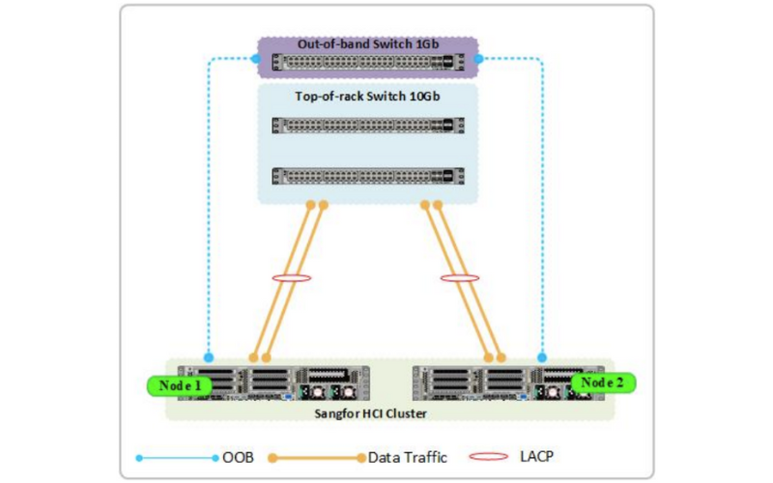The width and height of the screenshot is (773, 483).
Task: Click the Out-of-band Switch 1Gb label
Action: pyautogui.click(x=368, y=43)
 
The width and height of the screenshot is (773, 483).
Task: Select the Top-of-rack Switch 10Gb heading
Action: pyautogui.click(x=367, y=96)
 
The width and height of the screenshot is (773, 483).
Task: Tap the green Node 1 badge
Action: pyautogui.click(x=180, y=385)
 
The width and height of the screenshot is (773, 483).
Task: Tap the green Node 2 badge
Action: pyautogui.click(x=602, y=383)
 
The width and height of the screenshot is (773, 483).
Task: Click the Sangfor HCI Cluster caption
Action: pyautogui.click(x=370, y=413)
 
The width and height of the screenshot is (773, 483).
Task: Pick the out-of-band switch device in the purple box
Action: pyautogui.click(x=368, y=62)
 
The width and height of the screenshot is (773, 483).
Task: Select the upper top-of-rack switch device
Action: pyautogui.click(x=368, y=126)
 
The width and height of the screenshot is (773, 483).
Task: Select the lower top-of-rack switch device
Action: pyautogui.click(x=368, y=176)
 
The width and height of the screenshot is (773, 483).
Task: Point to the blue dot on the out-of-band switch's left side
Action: pyautogui.click(x=255, y=59)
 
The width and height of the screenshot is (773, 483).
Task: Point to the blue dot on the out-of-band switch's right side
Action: pyautogui.click(x=478, y=59)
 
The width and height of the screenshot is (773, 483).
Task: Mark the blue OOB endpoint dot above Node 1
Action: pyautogui.click(x=209, y=357)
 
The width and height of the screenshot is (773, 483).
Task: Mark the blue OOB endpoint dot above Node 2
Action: pyautogui.click(x=542, y=357)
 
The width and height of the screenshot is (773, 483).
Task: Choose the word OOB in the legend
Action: pyautogui.click(x=238, y=457)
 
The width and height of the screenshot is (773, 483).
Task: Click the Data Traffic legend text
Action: pyautogui.click(x=408, y=457)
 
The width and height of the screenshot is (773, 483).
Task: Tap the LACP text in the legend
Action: pyautogui.click(x=536, y=456)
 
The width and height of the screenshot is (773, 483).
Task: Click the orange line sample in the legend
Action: pyautogui.click(x=317, y=458)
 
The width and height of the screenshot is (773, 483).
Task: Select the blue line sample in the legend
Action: pyautogui.click(x=177, y=458)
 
